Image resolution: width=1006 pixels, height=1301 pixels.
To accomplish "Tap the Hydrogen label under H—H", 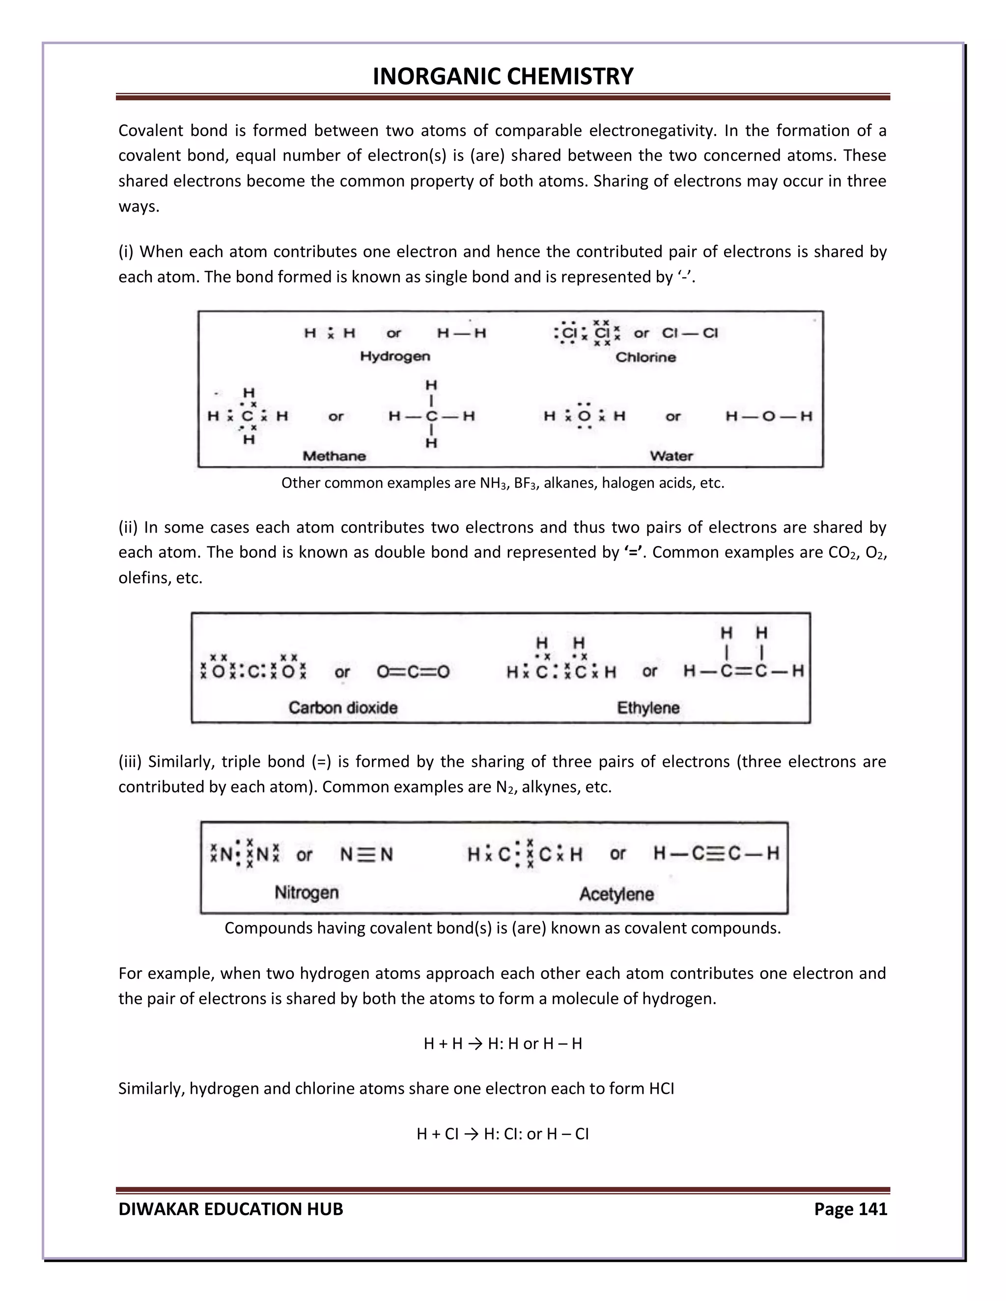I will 394,356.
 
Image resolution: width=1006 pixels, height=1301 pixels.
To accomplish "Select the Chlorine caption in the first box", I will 645,357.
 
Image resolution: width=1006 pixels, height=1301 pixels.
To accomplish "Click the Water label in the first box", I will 671,456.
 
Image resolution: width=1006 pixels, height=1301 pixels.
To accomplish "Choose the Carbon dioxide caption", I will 343,707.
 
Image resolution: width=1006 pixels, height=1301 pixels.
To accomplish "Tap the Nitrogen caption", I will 307,893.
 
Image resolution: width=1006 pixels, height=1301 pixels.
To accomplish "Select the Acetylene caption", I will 616,894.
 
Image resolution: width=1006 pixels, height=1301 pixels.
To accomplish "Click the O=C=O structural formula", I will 413,673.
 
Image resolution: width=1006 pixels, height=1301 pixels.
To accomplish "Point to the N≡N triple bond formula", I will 366,855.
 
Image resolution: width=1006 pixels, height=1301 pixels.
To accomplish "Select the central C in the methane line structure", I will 431,416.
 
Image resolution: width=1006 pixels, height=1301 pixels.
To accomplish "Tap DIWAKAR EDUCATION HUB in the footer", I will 231,1209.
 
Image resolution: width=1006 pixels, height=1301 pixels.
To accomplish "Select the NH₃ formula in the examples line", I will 492,483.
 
